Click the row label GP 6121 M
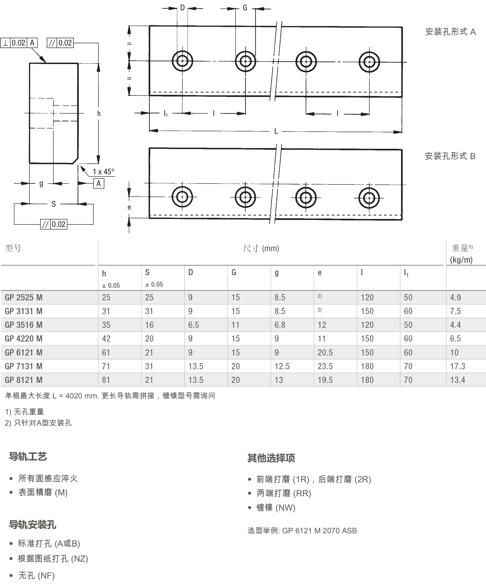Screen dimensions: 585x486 (24, 352)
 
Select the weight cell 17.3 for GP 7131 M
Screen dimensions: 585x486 (457, 366)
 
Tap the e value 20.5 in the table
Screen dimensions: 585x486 (325, 352)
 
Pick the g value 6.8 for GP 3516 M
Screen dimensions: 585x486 (280, 325)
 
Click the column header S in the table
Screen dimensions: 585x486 (147, 272)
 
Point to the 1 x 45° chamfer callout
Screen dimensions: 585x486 (103, 172)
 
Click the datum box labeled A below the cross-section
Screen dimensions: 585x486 (98, 184)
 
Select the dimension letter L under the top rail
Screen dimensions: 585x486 (276, 131)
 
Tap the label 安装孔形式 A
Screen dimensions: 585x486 (450, 32)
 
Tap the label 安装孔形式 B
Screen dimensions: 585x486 (450, 156)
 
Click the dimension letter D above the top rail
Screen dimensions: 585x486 (183, 8)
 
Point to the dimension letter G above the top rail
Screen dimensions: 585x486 (245, 8)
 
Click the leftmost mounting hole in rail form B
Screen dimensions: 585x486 (182, 197)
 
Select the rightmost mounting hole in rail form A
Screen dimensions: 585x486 (369, 62)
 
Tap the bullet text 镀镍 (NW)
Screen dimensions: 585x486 (275, 507)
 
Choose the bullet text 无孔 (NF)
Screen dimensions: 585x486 (36, 575)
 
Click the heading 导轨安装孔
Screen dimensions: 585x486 (33, 525)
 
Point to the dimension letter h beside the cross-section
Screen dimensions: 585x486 (99, 113)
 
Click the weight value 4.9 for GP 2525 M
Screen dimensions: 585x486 (455, 298)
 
